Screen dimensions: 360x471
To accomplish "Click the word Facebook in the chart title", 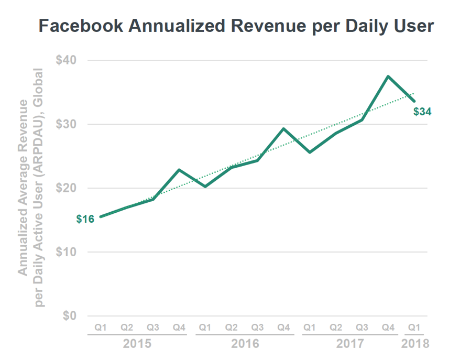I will pos(79,26).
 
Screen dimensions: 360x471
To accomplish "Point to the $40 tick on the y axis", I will pos(66,60).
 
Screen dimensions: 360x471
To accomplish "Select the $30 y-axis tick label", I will pos(66,124).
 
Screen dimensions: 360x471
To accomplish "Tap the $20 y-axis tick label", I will pos(66,188).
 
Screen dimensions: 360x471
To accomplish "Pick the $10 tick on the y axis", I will pos(66,252).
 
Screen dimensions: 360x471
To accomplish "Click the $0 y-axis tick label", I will pos(70,316).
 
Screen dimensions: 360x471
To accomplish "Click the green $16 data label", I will pos(85,219).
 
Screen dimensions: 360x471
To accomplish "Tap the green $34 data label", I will pos(422,112).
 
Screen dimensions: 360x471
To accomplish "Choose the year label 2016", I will pos(245,344).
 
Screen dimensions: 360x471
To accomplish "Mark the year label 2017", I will pos(349,344).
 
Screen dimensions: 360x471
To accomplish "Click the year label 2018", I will pos(415,344).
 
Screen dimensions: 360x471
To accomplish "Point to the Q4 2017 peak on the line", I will pos(388,77).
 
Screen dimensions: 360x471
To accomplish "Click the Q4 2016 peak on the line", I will pos(283,128).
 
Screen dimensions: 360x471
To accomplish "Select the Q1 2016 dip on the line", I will pos(205,187).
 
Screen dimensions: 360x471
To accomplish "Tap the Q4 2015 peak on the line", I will pos(179,170).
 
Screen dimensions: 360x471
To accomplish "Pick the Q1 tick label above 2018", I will pos(414,327).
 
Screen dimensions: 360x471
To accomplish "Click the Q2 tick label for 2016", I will pos(232,327).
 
